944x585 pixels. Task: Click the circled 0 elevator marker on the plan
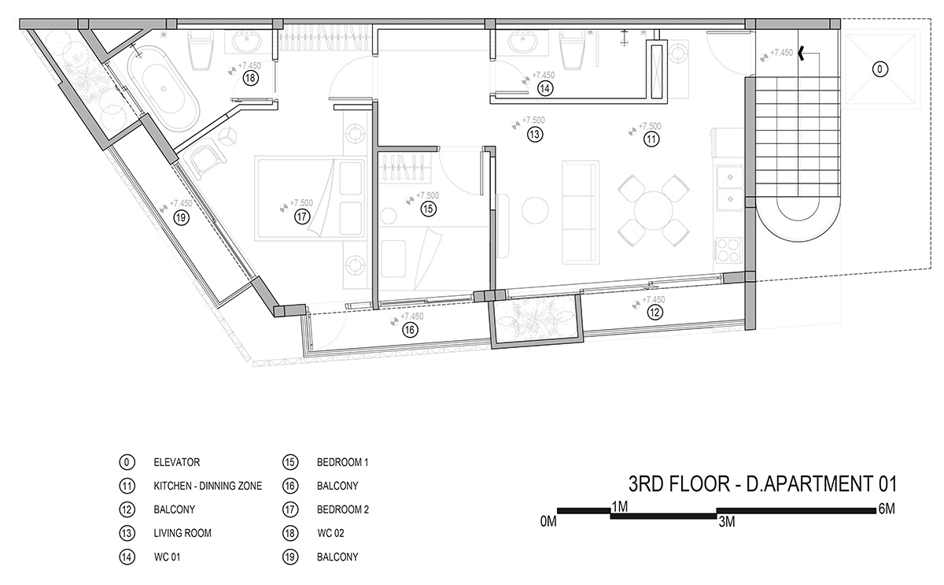coord(879,69)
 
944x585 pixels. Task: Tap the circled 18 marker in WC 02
coord(251,79)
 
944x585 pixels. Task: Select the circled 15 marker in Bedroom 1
coord(428,209)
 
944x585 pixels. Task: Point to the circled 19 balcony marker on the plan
coord(181,218)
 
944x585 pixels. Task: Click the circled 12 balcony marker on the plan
coord(655,313)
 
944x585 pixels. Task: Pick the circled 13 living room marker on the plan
coord(535,135)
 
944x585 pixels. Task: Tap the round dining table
coord(653,210)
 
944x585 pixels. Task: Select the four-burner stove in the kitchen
coord(729,250)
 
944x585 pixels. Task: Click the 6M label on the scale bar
coord(887,509)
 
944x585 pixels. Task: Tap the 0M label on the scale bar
coord(548,522)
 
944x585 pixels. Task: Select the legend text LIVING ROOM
coord(183,533)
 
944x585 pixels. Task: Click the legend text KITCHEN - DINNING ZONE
coord(208,486)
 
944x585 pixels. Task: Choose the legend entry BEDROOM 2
coord(343,509)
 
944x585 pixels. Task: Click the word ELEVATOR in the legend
coord(176,462)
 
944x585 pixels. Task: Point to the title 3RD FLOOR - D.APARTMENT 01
coord(762,483)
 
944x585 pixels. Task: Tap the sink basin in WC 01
coord(522,43)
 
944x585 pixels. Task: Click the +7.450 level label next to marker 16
coord(411,317)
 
